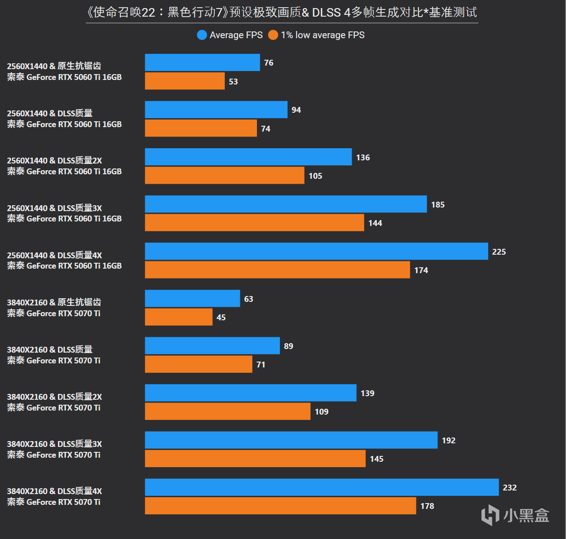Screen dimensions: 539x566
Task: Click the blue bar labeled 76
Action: pos(202,62)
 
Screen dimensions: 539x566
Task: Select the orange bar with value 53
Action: pos(185,81)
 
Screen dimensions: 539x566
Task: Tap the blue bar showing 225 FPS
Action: pos(316,252)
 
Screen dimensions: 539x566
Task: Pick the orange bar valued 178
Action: pos(280,506)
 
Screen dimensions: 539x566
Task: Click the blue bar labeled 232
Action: pos(322,487)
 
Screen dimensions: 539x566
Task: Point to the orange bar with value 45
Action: pos(178,317)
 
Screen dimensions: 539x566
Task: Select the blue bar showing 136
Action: pos(248,157)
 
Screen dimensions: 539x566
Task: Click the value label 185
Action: pos(438,205)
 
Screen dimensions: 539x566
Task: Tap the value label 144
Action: pos(375,223)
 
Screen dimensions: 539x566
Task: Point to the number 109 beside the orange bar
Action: pos(321,412)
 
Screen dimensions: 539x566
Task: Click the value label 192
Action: pos(448,441)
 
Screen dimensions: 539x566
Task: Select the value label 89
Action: pos(288,346)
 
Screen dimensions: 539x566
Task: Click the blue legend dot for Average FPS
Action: pos(202,35)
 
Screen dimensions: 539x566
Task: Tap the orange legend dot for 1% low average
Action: pos(273,35)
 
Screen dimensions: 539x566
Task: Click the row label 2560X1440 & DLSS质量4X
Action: pos(54,255)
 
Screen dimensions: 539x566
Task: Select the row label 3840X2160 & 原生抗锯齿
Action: pos(54,302)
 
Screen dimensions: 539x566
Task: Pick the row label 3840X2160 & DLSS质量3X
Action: pos(54,444)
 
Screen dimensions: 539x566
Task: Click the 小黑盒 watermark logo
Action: pos(515,515)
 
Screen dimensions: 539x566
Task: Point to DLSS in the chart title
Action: pos(326,13)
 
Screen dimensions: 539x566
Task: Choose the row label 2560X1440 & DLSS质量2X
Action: pos(54,160)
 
